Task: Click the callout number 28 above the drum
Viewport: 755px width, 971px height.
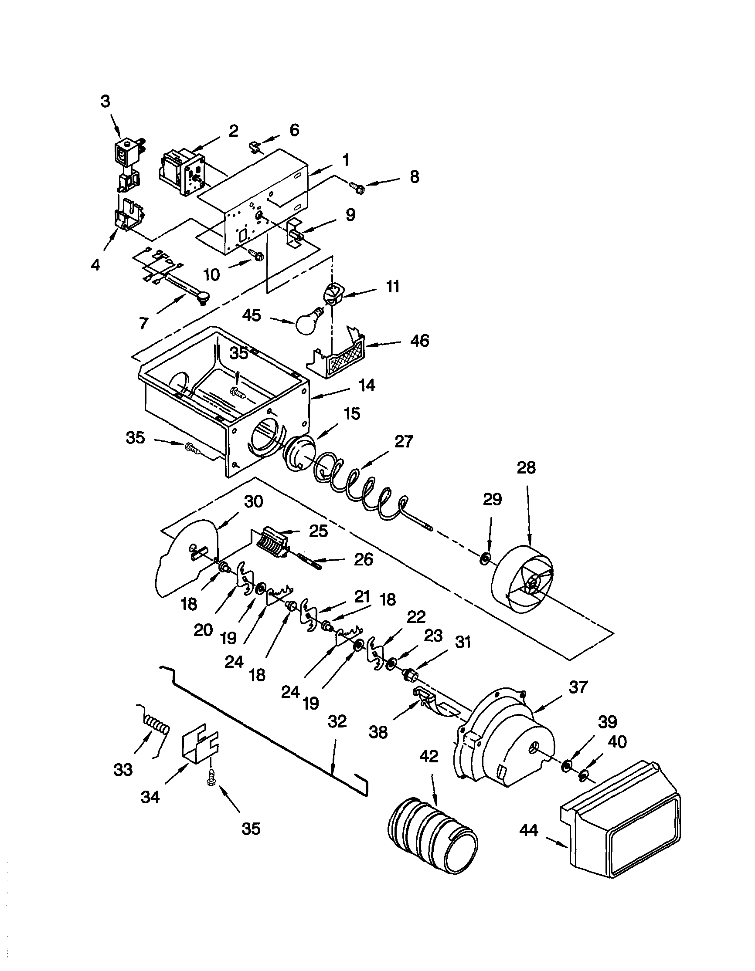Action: [526, 467]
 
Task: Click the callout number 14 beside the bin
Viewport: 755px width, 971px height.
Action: [367, 385]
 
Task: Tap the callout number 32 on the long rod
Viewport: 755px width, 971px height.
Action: [337, 721]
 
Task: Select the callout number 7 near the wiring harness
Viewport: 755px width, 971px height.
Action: [143, 323]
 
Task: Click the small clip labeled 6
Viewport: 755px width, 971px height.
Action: [254, 147]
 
